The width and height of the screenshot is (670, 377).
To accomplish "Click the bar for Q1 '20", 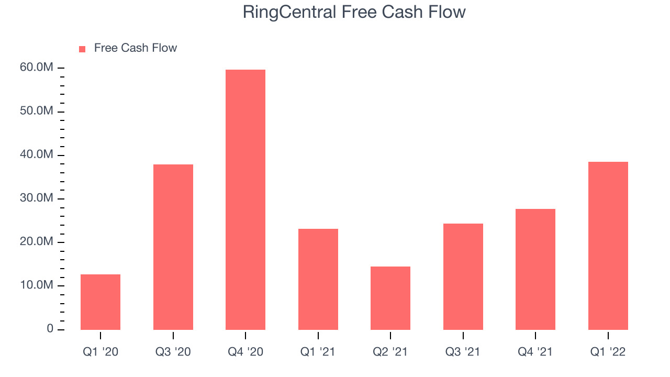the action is coord(100,302).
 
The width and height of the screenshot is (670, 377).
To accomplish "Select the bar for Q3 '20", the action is coord(173,247).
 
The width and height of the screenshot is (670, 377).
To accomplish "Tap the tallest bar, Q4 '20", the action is coord(245,199).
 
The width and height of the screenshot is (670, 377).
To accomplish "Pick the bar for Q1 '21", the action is coord(318,279).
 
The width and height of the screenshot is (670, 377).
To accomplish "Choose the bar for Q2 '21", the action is coord(390,298).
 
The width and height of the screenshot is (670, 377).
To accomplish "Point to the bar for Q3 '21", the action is coord(463,276).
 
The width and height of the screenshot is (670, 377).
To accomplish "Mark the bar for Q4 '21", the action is coord(535,269).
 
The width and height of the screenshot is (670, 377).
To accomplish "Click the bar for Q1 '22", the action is coord(608,246).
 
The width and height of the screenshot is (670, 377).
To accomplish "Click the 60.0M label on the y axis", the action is coord(37,68).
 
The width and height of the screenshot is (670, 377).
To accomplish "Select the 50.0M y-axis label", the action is coord(37,111).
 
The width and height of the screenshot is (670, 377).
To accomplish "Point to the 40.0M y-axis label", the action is coord(37,154).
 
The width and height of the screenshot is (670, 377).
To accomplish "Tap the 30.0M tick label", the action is coord(37,198).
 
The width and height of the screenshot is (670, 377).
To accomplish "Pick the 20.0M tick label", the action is coord(37,241).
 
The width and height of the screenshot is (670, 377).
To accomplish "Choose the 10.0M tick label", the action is coord(37,285).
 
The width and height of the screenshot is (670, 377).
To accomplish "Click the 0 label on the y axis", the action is coord(50,329).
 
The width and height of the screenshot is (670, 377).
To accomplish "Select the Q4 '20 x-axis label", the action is coord(245,352).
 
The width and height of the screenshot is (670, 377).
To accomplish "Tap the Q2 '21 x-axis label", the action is coord(390,352).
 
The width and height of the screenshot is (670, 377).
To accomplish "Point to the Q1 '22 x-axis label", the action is coord(608,352).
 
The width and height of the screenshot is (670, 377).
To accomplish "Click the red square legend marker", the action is coord(82,49).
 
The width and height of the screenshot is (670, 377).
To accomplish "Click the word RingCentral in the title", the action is coord(289,13).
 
